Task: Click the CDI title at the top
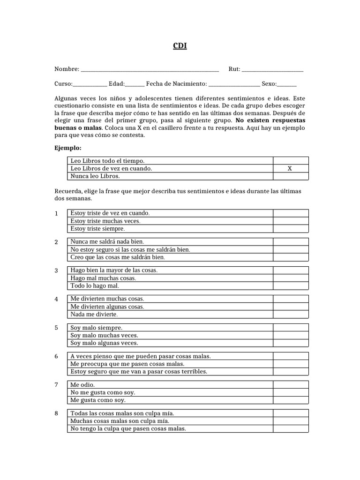(x=180, y=46)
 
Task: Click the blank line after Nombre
(x=150, y=70)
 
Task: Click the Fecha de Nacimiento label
(x=176, y=83)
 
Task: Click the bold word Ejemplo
(x=68, y=148)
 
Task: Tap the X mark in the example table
(x=290, y=168)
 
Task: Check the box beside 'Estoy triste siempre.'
(x=291, y=229)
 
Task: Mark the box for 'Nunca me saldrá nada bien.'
(x=291, y=242)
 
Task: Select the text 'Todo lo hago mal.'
(x=95, y=286)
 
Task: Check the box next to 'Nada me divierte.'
(x=291, y=315)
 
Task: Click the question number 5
(x=56, y=328)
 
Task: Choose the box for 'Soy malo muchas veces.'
(x=291, y=336)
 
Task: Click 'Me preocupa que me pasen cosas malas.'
(x=127, y=364)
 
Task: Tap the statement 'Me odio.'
(x=82, y=385)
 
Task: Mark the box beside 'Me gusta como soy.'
(x=291, y=400)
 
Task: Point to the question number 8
(x=56, y=413)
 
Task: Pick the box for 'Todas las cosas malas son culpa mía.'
(x=291, y=413)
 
